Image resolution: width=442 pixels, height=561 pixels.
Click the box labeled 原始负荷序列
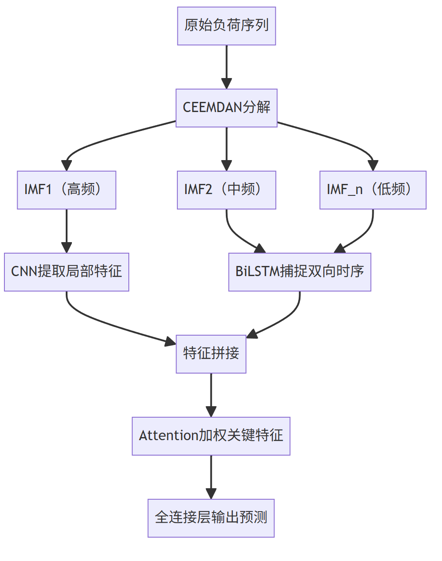[x=226, y=26]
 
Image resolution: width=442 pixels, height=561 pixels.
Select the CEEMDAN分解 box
[x=226, y=108]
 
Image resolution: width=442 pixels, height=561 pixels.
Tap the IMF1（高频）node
[x=67, y=190]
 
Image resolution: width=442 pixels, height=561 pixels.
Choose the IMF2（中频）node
[x=226, y=190]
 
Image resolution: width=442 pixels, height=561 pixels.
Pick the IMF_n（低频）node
[x=373, y=190]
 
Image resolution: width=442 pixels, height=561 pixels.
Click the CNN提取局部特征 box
[x=67, y=272]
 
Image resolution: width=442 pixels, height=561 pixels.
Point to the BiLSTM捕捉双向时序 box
[x=300, y=272]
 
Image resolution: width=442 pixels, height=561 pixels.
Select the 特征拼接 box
[x=211, y=354]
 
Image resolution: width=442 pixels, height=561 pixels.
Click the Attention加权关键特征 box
[x=211, y=436]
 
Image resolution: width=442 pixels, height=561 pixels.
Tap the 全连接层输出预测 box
[x=211, y=518]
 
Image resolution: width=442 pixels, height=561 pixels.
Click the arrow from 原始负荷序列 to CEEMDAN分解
[x=226, y=66]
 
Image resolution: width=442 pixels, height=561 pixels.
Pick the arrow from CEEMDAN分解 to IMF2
[x=226, y=148]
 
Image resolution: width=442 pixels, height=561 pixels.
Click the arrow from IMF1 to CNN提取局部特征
[x=67, y=230]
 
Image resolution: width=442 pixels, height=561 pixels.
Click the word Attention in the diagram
[x=169, y=436]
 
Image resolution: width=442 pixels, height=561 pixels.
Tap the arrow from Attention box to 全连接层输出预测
[x=211, y=476]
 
